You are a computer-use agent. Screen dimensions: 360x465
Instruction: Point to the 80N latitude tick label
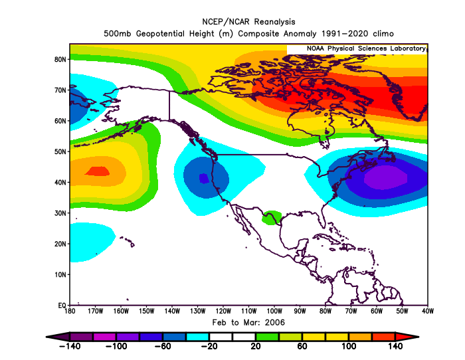[x=60, y=59]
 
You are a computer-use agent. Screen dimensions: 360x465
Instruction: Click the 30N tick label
[x=60, y=213]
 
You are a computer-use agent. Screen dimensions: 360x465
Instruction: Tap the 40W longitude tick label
[x=427, y=311]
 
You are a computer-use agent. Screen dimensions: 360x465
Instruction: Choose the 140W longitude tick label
[x=171, y=311]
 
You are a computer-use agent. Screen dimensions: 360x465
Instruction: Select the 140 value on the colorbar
[x=396, y=347]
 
